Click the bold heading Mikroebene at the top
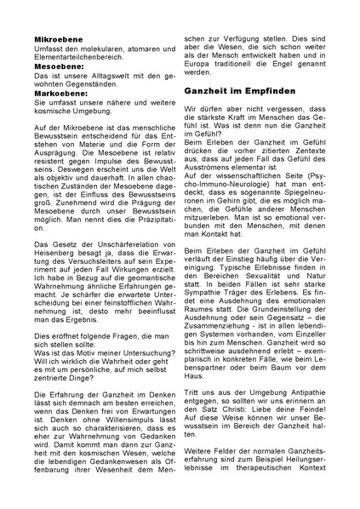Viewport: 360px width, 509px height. (59, 39)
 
